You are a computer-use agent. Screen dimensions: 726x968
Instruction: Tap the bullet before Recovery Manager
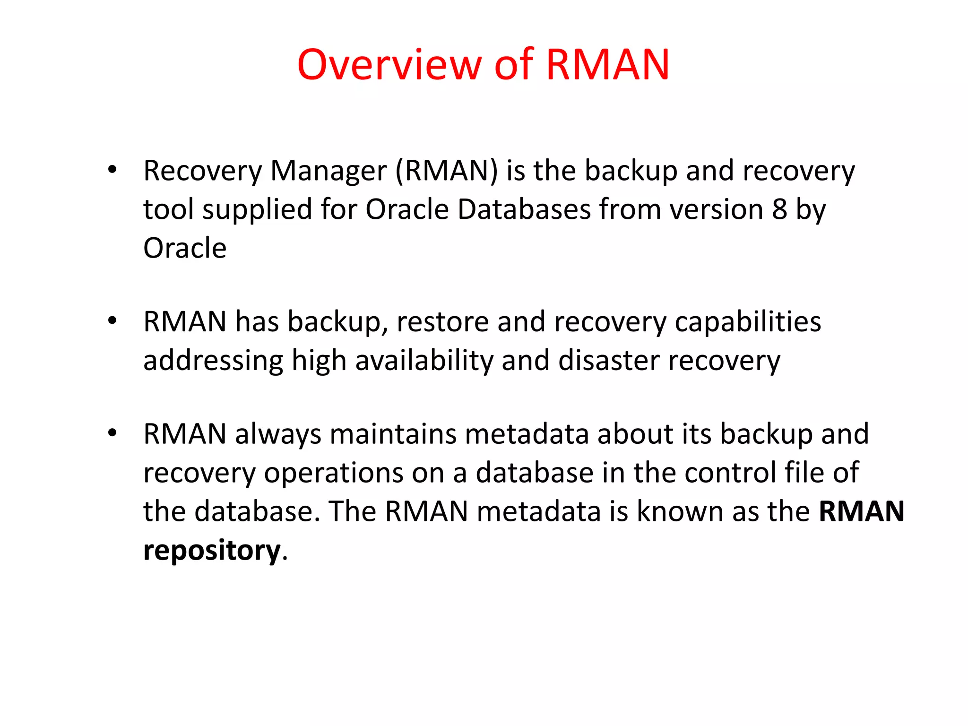[x=112, y=170]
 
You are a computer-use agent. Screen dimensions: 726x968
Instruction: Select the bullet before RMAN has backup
[x=112, y=321]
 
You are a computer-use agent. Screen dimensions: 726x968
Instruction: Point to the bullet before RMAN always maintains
[x=112, y=433]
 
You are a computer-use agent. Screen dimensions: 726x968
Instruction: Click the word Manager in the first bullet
[x=328, y=171]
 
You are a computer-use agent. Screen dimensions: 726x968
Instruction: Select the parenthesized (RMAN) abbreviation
[x=446, y=171]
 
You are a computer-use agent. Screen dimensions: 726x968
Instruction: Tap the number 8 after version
[x=779, y=209]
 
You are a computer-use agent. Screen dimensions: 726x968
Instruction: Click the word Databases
[x=524, y=209]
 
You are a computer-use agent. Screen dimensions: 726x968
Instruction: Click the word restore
[x=442, y=322]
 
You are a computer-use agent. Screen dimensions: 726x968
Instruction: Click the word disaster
[x=608, y=361]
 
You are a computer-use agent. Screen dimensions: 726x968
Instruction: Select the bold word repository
[x=212, y=551]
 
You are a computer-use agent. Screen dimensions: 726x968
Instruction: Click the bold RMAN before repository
[x=861, y=511]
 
